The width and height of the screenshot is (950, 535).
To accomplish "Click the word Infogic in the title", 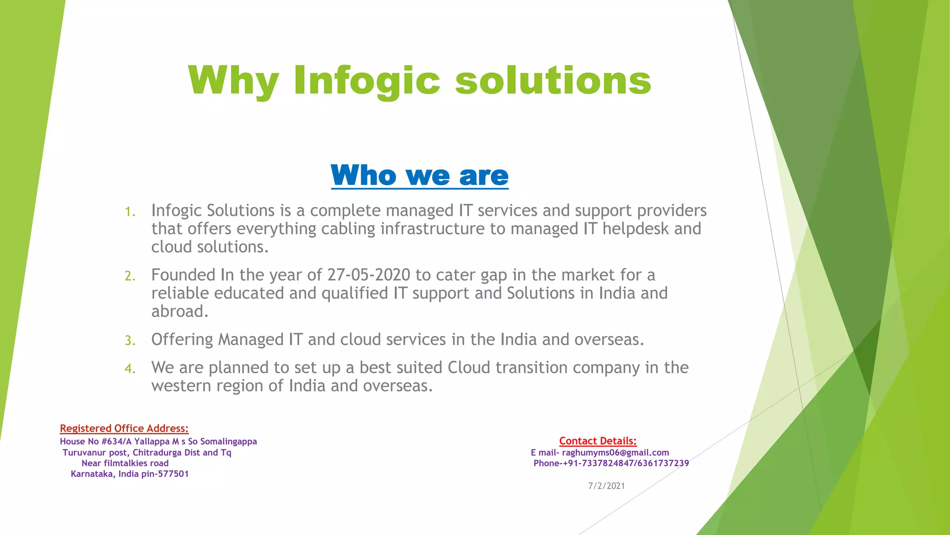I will (366, 80).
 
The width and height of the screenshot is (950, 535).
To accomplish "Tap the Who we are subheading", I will (419, 176).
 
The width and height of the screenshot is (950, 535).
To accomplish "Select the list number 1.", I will (129, 212).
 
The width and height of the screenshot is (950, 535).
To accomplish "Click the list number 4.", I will (129, 369).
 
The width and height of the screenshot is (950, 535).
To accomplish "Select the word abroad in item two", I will (180, 312).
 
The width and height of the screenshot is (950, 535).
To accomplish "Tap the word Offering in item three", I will (182, 339).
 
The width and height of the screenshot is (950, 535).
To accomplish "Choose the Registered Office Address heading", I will (124, 428).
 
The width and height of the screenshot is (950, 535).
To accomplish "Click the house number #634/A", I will (116, 441).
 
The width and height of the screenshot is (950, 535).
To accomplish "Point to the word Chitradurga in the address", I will (157, 452).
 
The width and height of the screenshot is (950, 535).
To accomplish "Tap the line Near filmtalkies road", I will (125, 463).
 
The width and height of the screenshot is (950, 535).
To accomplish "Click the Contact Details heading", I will (597, 441).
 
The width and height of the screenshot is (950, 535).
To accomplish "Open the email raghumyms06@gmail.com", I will (615, 452).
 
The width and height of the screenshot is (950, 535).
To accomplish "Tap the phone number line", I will (611, 463).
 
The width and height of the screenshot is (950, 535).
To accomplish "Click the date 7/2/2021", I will (606, 486).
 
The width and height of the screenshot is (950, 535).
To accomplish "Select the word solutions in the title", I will (553, 80).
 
